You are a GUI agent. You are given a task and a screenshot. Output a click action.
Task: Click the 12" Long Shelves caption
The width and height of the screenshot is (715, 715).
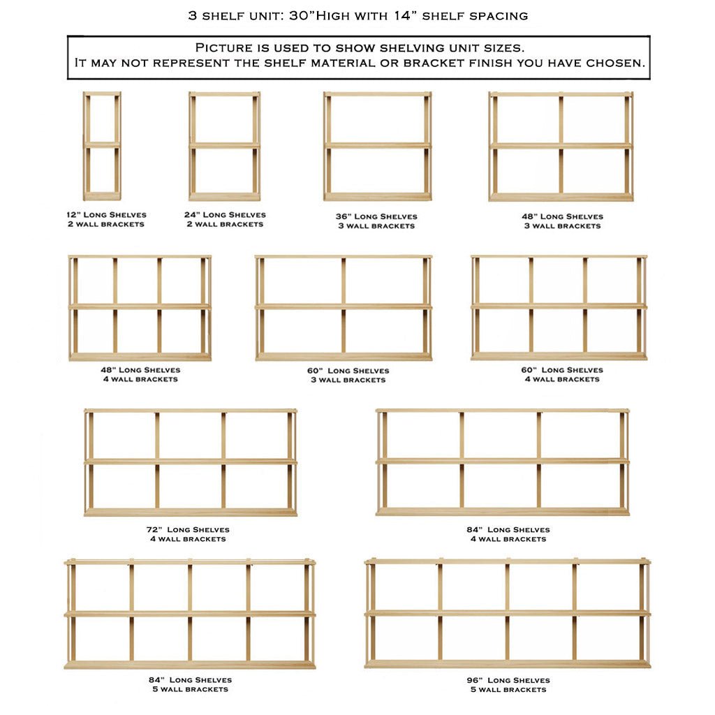pyautogui.click(x=102, y=214)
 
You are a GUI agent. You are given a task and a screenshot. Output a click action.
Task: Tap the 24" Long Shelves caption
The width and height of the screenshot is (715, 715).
pyautogui.click(x=225, y=214)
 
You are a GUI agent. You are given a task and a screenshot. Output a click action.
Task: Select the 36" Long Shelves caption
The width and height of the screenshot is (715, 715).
pyautogui.click(x=376, y=216)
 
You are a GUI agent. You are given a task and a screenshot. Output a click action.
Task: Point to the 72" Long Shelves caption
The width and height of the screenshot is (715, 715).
pyautogui.click(x=188, y=529)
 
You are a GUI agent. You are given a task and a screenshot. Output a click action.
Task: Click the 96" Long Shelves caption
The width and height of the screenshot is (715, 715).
pyautogui.click(x=508, y=680)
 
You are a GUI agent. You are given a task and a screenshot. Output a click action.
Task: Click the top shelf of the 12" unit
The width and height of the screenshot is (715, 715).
pyautogui.click(x=102, y=94)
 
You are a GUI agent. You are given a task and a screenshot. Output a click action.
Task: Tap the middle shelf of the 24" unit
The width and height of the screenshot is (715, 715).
pyautogui.click(x=224, y=145)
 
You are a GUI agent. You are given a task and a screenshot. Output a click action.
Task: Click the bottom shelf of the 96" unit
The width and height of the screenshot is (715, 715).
pyautogui.click(x=508, y=663)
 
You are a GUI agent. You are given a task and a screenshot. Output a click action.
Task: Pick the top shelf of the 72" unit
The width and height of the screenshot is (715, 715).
pyautogui.click(x=191, y=411)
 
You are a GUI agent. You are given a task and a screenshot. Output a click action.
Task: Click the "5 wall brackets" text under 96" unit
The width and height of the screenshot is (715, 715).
pyautogui.click(x=508, y=690)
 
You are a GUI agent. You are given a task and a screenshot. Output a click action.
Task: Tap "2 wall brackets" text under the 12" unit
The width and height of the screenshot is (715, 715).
pyautogui.click(x=102, y=224)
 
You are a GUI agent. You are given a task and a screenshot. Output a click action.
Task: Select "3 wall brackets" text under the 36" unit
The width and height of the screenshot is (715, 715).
pyautogui.click(x=376, y=226)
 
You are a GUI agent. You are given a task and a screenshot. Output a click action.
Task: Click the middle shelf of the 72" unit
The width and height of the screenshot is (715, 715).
pyautogui.click(x=191, y=462)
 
